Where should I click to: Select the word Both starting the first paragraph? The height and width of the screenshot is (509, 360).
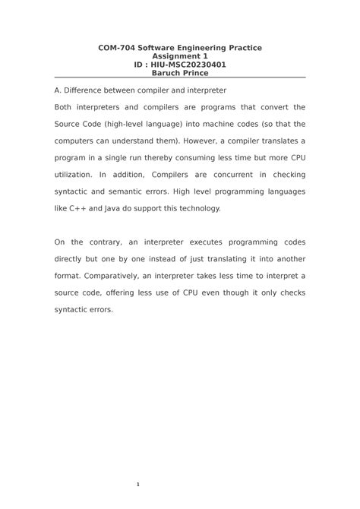66,107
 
